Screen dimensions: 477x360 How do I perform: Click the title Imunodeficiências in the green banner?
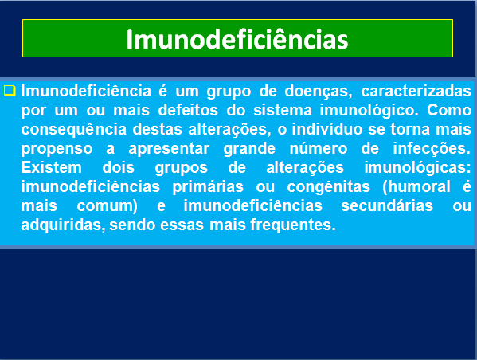point(237,39)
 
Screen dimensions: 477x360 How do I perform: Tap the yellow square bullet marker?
point(10,91)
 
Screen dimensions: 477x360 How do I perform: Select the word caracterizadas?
point(416,91)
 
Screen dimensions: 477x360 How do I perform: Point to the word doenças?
point(319,92)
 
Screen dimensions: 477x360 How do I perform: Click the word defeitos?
point(188,110)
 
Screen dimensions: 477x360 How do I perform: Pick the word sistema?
point(283,110)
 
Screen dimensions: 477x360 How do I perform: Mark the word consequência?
point(74,130)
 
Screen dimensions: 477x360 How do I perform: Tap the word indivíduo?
point(327,129)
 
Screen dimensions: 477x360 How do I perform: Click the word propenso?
point(57,149)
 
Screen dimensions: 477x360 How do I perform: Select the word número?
point(319,148)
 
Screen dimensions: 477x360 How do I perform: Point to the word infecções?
point(432,149)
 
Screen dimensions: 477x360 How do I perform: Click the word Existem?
point(52,167)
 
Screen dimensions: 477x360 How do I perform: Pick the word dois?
point(119,167)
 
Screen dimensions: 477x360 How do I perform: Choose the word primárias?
point(208,187)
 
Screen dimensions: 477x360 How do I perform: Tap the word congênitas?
point(329,187)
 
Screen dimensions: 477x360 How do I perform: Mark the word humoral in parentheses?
point(418,186)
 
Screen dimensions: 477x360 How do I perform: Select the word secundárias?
point(387,205)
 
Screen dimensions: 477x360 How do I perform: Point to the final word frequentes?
point(293,225)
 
